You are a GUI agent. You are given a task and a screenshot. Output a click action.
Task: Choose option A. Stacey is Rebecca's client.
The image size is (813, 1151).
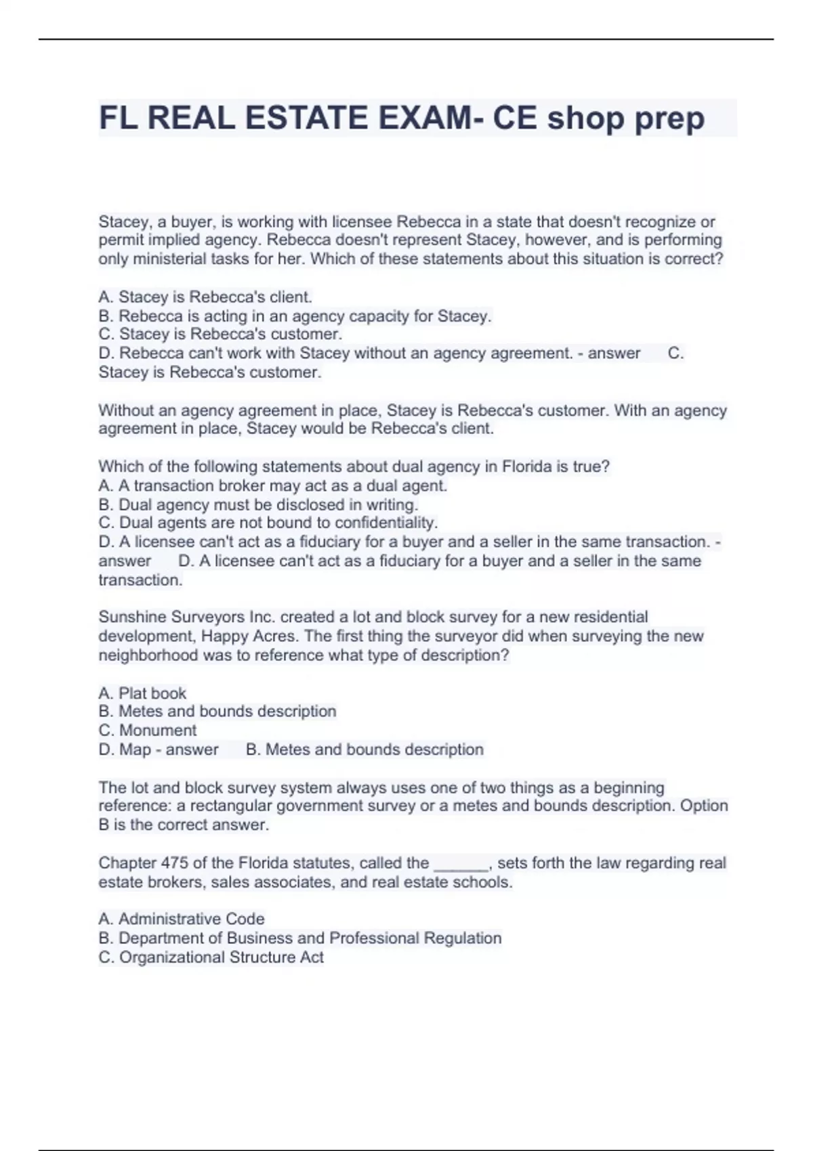pyautogui.click(x=205, y=297)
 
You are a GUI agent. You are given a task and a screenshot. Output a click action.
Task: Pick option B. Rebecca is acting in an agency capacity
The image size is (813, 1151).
pyautogui.click(x=295, y=316)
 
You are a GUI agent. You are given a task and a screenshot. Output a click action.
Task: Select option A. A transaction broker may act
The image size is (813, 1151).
pyautogui.click(x=272, y=485)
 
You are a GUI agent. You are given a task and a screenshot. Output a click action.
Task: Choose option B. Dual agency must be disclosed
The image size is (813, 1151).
pyautogui.click(x=258, y=504)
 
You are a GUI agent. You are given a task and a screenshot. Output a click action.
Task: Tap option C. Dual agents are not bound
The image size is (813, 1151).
pyautogui.click(x=268, y=523)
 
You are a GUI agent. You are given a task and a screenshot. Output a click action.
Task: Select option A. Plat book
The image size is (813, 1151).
pyautogui.click(x=142, y=693)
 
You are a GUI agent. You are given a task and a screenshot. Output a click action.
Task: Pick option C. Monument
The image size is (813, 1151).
pyautogui.click(x=148, y=730)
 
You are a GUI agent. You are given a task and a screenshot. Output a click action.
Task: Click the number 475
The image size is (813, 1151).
pyautogui.click(x=174, y=863)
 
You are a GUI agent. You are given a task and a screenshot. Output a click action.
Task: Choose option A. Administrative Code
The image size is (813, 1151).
pyautogui.click(x=182, y=919)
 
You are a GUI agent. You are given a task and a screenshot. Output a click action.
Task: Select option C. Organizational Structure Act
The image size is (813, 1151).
pyautogui.click(x=211, y=957)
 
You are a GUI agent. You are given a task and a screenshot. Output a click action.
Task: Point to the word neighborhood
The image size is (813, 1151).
pyautogui.click(x=148, y=655)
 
